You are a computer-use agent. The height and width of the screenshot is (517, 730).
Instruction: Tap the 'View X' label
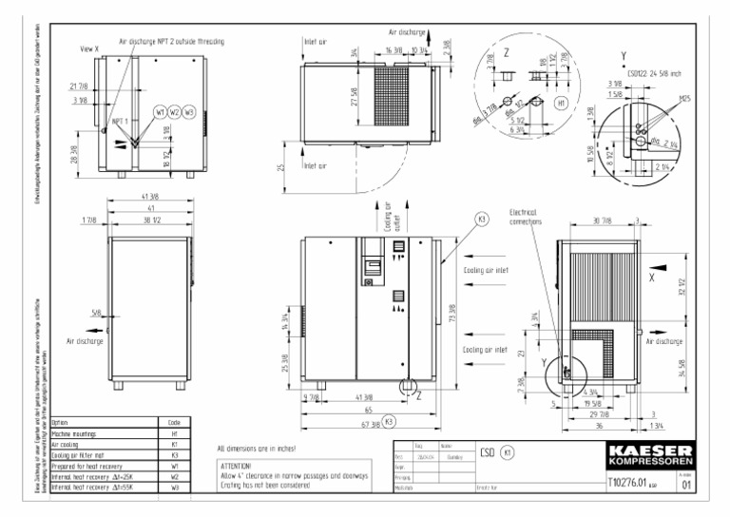tap(89, 48)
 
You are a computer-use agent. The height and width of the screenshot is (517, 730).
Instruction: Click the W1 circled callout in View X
tap(161, 112)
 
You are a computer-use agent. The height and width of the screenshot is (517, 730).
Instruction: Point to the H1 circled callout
tap(562, 102)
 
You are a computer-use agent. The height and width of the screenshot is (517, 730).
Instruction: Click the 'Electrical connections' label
tap(525, 218)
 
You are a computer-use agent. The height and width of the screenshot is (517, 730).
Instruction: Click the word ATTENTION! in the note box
tap(236, 467)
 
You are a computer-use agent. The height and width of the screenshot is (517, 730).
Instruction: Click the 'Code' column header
tap(174, 422)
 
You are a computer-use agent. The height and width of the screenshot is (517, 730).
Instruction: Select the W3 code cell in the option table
tap(174, 488)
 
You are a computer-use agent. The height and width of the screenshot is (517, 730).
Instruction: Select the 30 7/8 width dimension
tap(601, 222)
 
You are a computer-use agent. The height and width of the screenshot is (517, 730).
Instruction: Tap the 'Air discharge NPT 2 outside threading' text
tap(171, 42)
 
